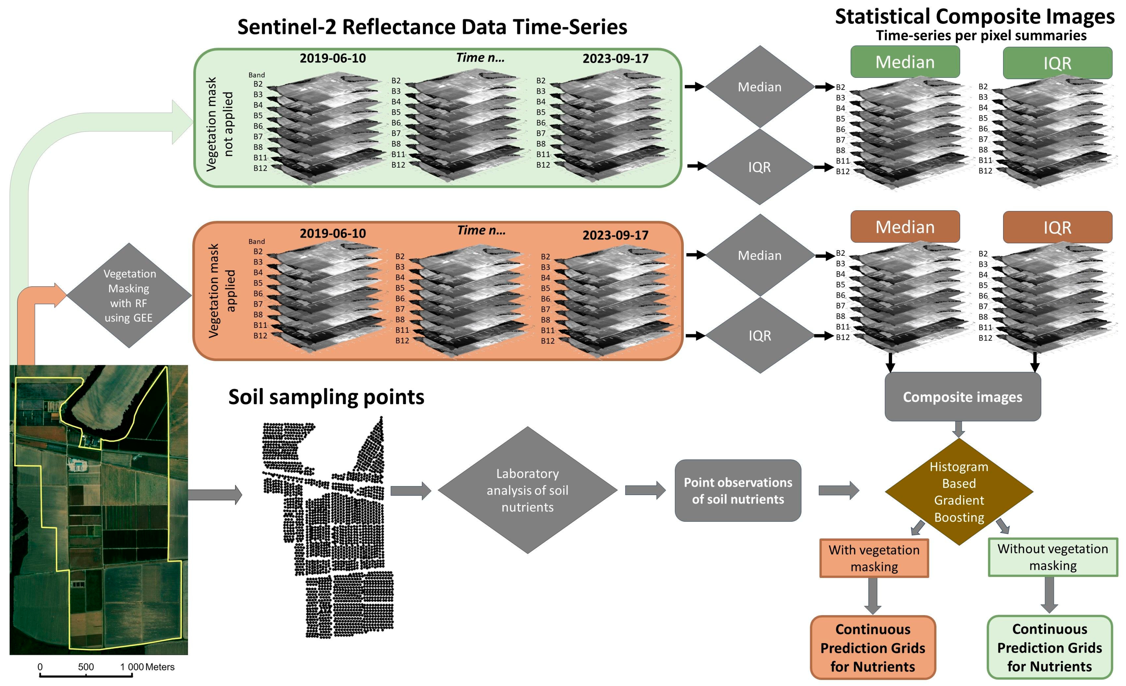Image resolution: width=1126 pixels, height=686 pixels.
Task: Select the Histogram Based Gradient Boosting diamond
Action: (959, 492)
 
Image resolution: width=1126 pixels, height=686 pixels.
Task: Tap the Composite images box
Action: (962, 397)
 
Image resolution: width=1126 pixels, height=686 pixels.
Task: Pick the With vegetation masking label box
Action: (874, 558)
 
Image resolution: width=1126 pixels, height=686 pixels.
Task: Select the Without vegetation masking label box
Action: (1053, 557)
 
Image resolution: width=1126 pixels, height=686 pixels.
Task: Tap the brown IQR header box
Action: (1057, 227)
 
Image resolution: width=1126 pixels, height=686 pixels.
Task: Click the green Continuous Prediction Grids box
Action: (1049, 647)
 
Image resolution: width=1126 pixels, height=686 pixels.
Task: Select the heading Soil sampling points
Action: (326, 397)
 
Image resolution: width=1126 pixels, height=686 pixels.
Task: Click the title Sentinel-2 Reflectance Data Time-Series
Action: (432, 27)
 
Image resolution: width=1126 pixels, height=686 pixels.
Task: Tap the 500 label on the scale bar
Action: (86, 667)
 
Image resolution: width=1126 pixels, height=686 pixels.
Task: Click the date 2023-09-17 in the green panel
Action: (615, 58)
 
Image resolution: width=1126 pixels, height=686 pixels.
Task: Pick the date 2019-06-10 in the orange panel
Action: (333, 233)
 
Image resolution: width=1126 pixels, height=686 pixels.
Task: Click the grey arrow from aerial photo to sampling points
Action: (215, 494)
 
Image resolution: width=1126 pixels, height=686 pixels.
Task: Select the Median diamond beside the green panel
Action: (760, 87)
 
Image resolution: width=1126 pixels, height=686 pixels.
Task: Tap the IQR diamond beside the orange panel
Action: (760, 335)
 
